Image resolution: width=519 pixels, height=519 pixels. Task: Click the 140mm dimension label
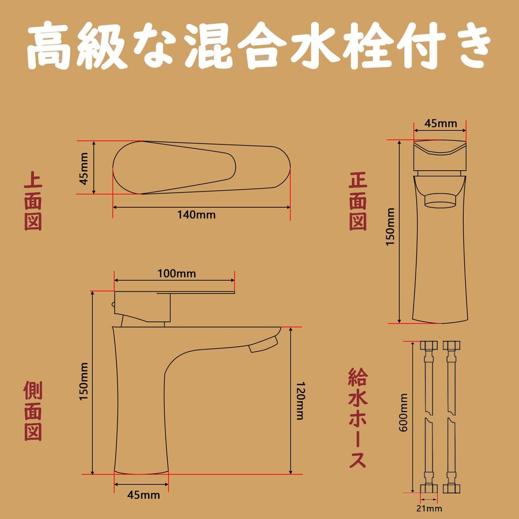click(x=196, y=215)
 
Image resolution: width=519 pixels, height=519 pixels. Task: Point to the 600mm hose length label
click(x=404, y=413)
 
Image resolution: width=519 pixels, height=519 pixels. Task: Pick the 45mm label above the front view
click(x=440, y=123)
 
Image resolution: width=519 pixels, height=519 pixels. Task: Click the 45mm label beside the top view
click(x=84, y=168)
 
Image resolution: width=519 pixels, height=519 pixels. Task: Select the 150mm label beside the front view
click(x=390, y=228)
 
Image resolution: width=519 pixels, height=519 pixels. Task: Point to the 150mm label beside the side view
click(x=84, y=382)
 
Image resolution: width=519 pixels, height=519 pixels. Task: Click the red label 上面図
click(x=33, y=202)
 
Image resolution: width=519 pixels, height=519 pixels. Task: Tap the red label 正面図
click(x=358, y=202)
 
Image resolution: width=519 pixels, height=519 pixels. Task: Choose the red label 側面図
click(x=33, y=411)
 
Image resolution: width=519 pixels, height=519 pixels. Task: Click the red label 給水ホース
click(x=358, y=419)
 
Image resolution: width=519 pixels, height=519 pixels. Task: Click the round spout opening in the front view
click(x=440, y=202)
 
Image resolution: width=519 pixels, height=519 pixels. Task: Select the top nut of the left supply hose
click(x=429, y=347)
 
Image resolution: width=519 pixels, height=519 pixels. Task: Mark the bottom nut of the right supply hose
click(x=451, y=488)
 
